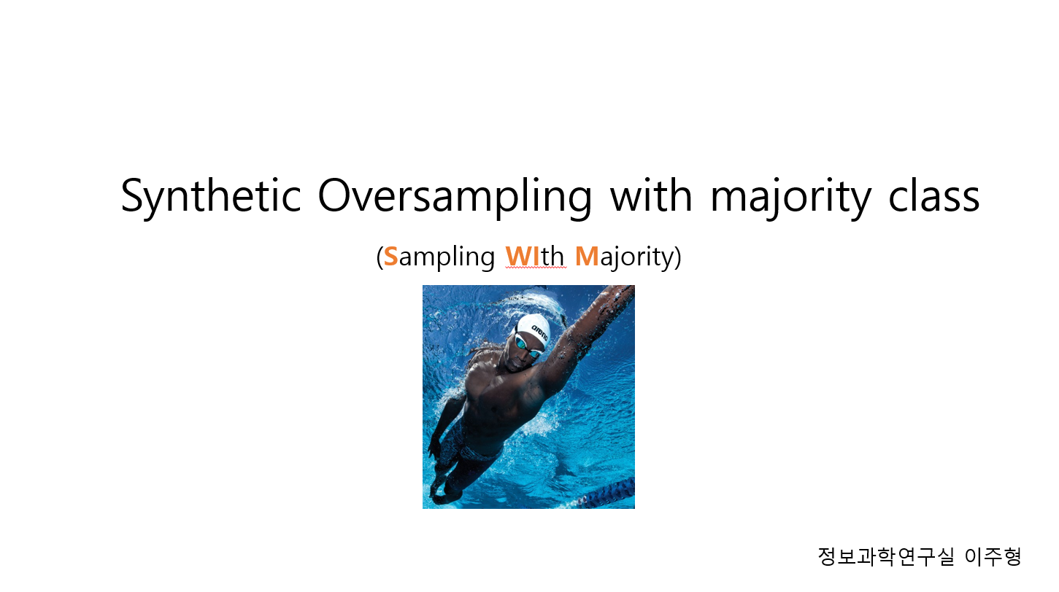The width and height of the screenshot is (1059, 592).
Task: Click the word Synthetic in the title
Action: pyautogui.click(x=211, y=196)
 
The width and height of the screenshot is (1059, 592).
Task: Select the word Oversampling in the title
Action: pyautogui.click(x=455, y=196)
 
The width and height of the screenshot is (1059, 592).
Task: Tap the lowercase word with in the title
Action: pyautogui.click(x=651, y=194)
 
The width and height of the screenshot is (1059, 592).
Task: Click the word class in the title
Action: pyautogui.click(x=933, y=195)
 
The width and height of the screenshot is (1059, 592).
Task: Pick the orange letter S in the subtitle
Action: pyautogui.click(x=390, y=257)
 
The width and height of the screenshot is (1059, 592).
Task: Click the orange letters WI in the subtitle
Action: pyautogui.click(x=523, y=257)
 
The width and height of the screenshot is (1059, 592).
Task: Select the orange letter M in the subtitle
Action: pyautogui.click(x=587, y=257)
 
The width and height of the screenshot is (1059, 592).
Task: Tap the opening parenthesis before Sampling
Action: pyautogui.click(x=380, y=258)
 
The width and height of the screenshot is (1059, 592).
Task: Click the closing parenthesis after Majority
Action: pyautogui.click(x=678, y=258)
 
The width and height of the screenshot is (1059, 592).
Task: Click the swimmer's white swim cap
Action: pyautogui.click(x=534, y=330)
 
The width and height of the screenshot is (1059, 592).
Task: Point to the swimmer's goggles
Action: pyautogui.click(x=528, y=346)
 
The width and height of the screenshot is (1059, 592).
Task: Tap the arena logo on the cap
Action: pyautogui.click(x=539, y=332)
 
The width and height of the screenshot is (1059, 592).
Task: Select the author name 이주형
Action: pyautogui.click(x=993, y=556)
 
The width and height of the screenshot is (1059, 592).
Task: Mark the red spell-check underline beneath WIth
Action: pyautogui.click(x=536, y=268)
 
